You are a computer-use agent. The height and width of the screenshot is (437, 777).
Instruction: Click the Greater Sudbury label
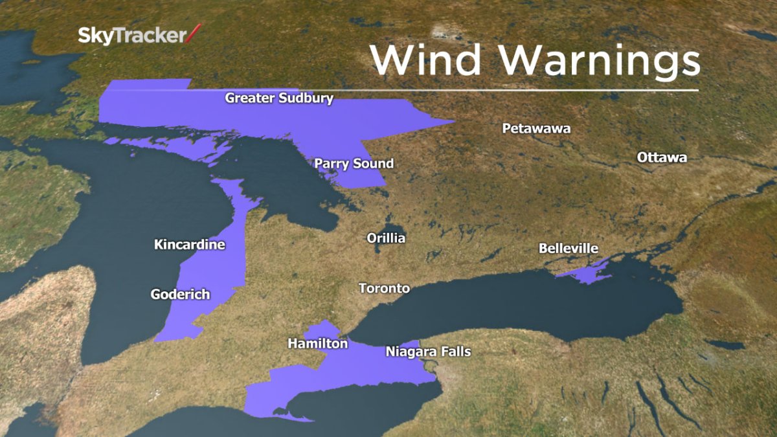(x=279, y=98)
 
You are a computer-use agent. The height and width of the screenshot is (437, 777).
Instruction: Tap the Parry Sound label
(x=354, y=164)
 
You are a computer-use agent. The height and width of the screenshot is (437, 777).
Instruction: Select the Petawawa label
(x=536, y=128)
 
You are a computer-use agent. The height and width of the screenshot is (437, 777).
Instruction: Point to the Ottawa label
(x=662, y=157)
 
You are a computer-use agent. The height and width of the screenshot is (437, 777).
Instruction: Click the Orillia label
(x=386, y=238)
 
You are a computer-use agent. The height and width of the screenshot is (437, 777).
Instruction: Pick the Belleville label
(x=568, y=249)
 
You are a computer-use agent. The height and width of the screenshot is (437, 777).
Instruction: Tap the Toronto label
(x=384, y=288)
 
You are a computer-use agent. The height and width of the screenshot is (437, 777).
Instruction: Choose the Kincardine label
(x=189, y=245)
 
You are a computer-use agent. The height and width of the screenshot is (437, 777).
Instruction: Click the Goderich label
(x=180, y=295)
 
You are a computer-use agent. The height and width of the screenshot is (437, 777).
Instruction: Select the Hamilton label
(x=317, y=344)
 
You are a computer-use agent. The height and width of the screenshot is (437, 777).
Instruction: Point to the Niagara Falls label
(x=428, y=352)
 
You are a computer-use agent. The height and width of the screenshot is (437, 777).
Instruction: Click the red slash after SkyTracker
(x=194, y=34)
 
